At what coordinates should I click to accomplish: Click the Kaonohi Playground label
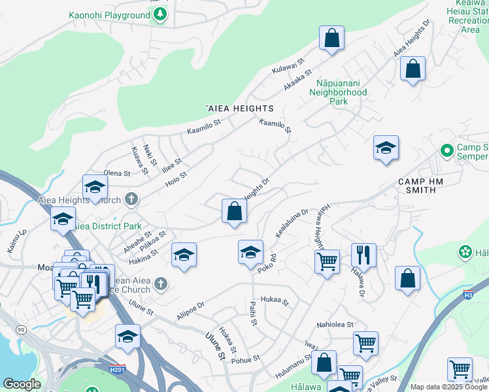click(x=109, y=15)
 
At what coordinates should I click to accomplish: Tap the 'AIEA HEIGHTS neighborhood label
click(x=239, y=108)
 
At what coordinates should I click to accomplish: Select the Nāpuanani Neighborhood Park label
click(x=341, y=92)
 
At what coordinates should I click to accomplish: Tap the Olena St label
click(x=118, y=173)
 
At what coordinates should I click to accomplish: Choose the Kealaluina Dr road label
click(x=292, y=223)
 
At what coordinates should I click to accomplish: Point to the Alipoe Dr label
click(x=191, y=310)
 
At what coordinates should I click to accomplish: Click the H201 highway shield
click(x=118, y=368)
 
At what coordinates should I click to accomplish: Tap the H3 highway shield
click(x=468, y=294)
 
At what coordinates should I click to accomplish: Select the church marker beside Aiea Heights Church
click(x=131, y=199)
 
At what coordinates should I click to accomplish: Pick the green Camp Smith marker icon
click(x=447, y=151)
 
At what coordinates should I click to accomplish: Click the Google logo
click(x=22, y=384)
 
